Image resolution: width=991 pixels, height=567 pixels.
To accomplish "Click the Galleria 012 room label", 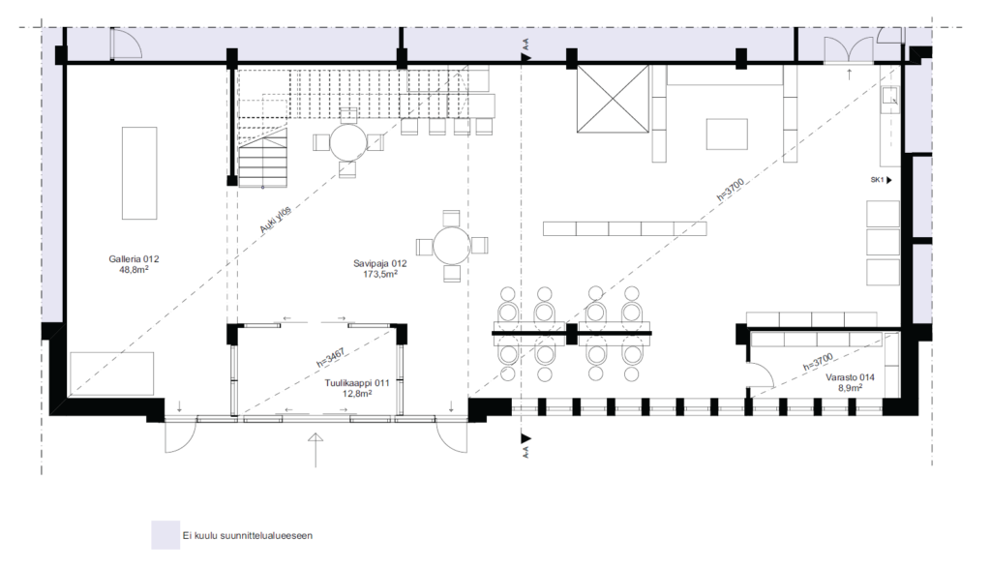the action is tap(134, 259).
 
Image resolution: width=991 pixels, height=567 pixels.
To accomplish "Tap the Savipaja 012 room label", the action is tap(379, 263).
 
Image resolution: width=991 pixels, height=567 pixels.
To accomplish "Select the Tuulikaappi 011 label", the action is tap(356, 383).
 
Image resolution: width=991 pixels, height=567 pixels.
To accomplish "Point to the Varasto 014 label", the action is tap(850, 377).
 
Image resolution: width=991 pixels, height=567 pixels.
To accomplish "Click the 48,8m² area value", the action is tap(134, 270).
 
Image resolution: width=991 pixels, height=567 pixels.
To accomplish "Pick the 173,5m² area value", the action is tap(379, 275).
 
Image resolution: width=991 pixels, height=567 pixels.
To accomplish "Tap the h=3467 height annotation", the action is tap(331, 358).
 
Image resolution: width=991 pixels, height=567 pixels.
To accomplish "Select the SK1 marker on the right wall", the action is tap(881, 180).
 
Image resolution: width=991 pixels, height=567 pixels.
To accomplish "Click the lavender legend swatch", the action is tap(165, 535).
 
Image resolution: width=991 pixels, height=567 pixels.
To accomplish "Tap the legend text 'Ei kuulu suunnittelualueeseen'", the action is tap(247, 535).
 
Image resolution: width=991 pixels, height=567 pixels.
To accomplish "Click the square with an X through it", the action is tap(613, 99).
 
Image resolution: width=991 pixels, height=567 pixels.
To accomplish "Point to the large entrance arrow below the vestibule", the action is tap(315, 450).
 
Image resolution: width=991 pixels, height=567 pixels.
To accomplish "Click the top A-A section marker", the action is tap(526, 50).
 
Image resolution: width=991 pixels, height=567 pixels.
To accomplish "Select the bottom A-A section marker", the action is tap(526, 445).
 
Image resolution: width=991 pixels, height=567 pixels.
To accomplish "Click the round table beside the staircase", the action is tap(348, 142).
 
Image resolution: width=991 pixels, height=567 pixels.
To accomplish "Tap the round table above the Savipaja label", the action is tap(451, 245).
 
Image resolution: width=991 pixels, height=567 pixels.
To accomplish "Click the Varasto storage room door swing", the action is tap(761, 373).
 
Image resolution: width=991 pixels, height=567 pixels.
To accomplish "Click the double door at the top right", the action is tap(849, 50).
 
